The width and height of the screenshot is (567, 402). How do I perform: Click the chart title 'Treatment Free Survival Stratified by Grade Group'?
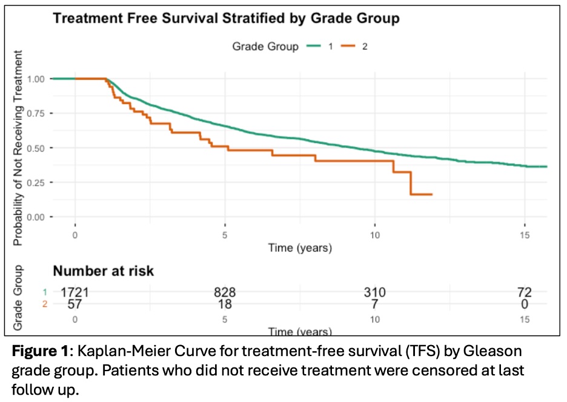pyautogui.click(x=227, y=18)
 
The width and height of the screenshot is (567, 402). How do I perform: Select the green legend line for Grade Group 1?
pyautogui.click(x=314, y=46)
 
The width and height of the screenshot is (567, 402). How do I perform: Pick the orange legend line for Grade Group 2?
pyautogui.click(x=348, y=46)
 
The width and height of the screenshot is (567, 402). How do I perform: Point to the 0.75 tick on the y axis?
pyautogui.click(x=36, y=113)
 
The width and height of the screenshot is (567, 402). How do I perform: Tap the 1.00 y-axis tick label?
pyautogui.click(x=36, y=79)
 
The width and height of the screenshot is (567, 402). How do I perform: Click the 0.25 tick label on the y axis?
pyautogui.click(x=36, y=183)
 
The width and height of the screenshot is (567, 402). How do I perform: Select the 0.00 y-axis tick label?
pyautogui.click(x=36, y=217)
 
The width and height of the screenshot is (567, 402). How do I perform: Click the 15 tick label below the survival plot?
pyautogui.click(x=525, y=235)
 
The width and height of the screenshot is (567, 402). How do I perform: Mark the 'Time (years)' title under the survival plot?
pyautogui.click(x=300, y=248)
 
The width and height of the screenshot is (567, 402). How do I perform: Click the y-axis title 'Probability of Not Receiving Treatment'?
pyautogui.click(x=18, y=148)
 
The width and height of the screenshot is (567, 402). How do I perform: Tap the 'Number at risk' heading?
pyautogui.click(x=104, y=271)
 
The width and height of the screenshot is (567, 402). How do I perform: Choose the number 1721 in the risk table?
pyautogui.click(x=75, y=292)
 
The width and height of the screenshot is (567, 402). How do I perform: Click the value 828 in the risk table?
pyautogui.click(x=225, y=292)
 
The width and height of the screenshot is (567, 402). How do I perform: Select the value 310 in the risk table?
pyautogui.click(x=374, y=292)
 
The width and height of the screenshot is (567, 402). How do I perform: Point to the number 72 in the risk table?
pyautogui.click(x=525, y=292)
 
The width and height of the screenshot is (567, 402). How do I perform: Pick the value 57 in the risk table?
pyautogui.click(x=75, y=304)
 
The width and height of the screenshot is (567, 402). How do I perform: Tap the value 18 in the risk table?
pyautogui.click(x=225, y=304)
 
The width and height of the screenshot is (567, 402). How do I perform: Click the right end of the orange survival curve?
pyautogui.click(x=432, y=194)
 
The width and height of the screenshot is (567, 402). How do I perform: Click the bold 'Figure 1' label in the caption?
pyautogui.click(x=40, y=351)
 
